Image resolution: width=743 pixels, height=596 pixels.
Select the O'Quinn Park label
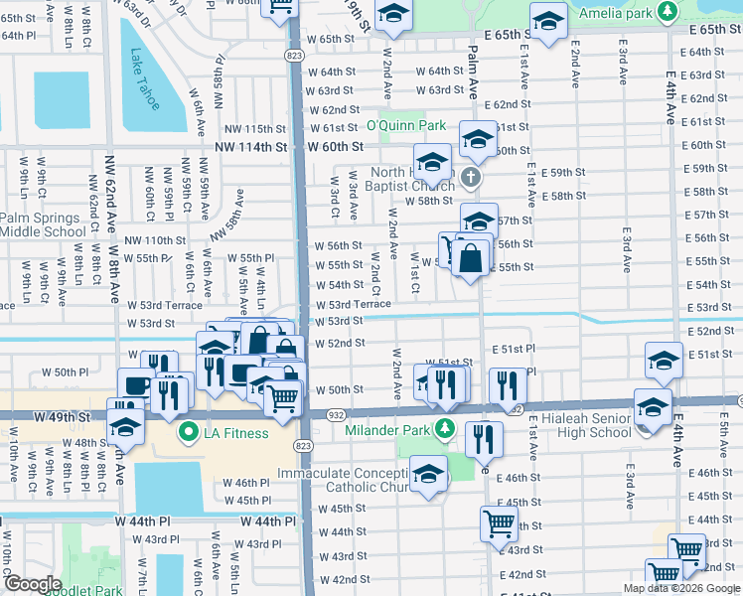(x=405, y=126)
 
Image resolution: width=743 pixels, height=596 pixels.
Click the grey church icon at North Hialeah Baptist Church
(x=472, y=180)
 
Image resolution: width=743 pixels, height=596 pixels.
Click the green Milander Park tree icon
(x=446, y=429)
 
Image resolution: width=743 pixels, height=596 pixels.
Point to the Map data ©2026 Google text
(x=681, y=588)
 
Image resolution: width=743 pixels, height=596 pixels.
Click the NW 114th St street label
(x=250, y=146)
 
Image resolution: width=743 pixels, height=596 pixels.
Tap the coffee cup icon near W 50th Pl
(x=135, y=386)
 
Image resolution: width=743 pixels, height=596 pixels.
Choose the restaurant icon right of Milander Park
(x=484, y=437)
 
